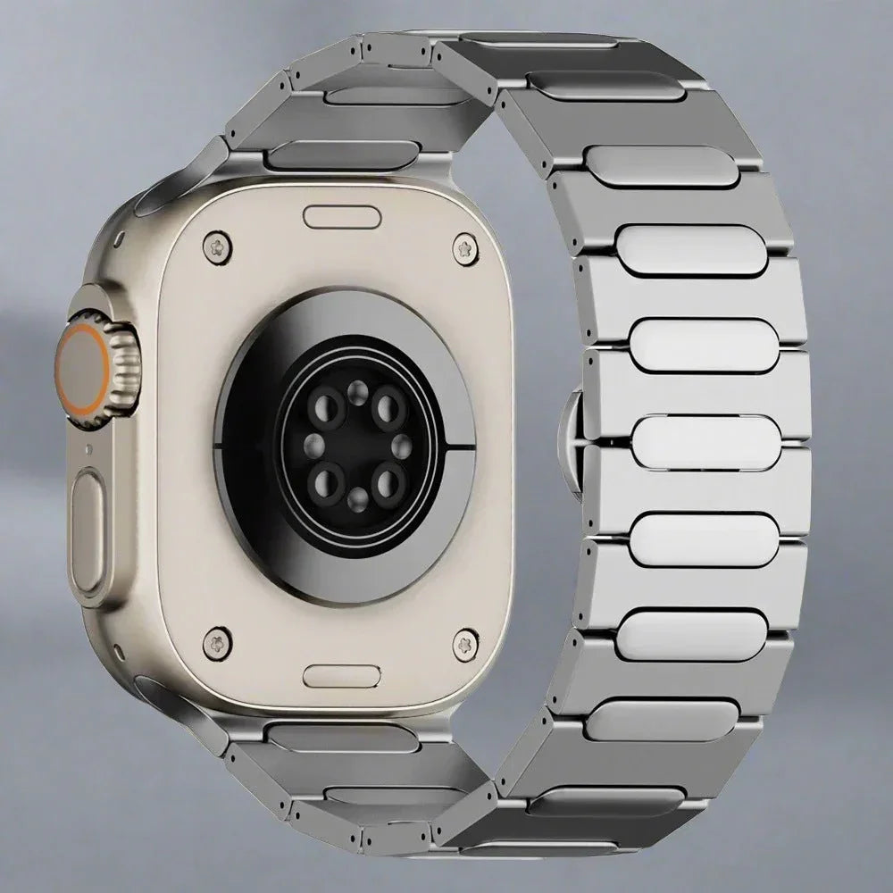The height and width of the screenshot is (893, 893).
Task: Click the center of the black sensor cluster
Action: click(356, 445)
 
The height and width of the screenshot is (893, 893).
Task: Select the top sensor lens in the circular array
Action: click(356, 389)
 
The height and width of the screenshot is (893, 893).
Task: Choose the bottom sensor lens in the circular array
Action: click(356, 498)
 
